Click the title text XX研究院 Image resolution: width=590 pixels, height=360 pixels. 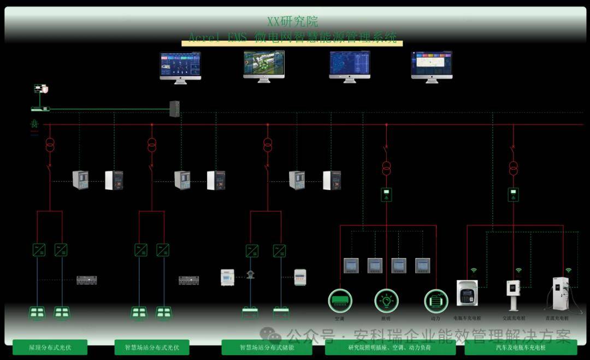click(x=292, y=22)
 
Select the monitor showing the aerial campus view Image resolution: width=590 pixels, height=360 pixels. click(x=264, y=66)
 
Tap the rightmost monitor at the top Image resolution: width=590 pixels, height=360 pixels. click(x=432, y=66)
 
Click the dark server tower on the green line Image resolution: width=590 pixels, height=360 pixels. click(x=174, y=109)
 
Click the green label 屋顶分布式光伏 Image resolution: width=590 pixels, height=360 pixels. click(x=50, y=347)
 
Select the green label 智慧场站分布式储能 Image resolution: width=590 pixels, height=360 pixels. click(x=267, y=347)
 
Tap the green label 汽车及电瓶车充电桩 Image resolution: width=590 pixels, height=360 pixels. click(x=520, y=347)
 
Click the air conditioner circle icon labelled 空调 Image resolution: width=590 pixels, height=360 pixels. click(x=340, y=301)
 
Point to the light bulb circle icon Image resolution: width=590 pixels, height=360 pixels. click(x=386, y=301)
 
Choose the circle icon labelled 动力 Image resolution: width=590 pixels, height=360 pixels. click(x=436, y=301)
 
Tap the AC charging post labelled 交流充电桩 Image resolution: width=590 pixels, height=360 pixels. click(x=513, y=295)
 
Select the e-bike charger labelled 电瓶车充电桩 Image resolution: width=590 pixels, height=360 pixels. click(x=467, y=293)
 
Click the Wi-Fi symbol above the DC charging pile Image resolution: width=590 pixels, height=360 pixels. click(x=568, y=270)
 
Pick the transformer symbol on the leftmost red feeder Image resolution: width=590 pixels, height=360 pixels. click(x=50, y=145)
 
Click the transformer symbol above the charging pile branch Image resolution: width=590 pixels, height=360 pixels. click(x=513, y=167)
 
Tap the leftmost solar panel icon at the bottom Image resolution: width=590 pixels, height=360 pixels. click(x=37, y=313)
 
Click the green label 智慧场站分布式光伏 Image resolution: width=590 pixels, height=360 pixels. click(x=152, y=347)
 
